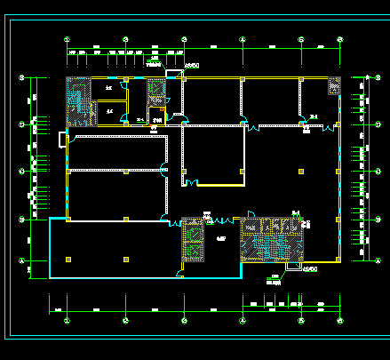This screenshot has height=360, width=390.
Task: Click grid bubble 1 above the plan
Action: [x=68, y=39]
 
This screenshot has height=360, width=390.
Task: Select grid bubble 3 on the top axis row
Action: [x=183, y=39]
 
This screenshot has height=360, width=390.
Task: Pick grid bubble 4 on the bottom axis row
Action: [x=243, y=319]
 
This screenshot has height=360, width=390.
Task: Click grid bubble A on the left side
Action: [x=21, y=260]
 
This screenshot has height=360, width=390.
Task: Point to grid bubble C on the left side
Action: [x=21, y=170]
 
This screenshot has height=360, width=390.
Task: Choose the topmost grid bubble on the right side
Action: [x=370, y=78]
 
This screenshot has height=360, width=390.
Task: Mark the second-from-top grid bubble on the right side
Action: [x=370, y=124]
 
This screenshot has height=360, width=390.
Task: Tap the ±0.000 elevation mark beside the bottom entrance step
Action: [x=310, y=269]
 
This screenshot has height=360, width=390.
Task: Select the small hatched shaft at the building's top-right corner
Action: [x=334, y=87]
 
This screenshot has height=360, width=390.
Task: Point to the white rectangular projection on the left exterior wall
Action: [x=61, y=138]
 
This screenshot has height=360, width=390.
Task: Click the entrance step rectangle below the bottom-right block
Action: [x=292, y=266]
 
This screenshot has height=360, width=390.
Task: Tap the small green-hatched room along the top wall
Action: [x=155, y=94]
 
